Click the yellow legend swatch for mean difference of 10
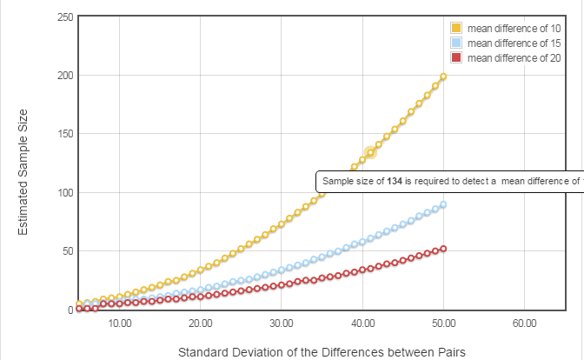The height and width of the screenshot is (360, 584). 456,29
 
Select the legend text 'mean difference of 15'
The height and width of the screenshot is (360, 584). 513,43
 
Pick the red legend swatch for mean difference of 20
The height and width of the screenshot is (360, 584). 456,57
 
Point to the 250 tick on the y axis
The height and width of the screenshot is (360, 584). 63,17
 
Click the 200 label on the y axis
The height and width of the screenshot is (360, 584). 63,76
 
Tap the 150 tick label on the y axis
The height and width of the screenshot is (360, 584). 63,134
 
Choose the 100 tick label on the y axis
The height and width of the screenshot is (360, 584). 63,192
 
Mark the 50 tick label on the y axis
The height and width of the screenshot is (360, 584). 66,251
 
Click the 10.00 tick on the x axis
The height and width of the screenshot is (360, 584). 120,323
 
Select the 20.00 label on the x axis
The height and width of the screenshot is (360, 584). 201,323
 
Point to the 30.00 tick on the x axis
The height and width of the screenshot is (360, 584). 282,323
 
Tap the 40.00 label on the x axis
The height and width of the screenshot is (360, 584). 362,323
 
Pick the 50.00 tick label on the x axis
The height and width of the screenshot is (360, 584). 443,323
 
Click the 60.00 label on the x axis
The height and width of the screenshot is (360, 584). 524,323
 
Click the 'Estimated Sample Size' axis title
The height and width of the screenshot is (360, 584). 23,170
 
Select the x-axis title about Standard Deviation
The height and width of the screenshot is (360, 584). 322,352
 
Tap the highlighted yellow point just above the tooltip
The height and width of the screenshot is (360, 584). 370,153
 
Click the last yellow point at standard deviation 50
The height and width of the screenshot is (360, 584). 443,77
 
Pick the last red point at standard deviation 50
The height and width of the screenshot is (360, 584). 443,249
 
